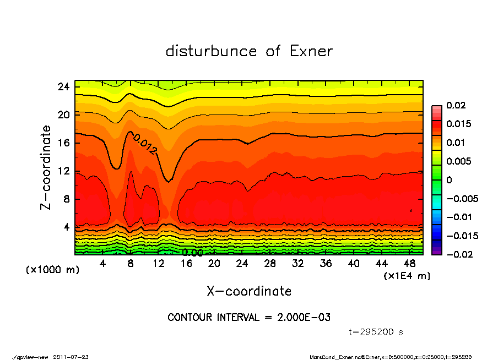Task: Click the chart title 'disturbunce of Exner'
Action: [249, 52]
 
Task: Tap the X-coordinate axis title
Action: [249, 291]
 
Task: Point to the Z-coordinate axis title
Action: [46, 167]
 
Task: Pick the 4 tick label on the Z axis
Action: [67, 227]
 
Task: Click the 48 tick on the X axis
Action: [410, 264]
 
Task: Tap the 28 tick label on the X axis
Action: [270, 264]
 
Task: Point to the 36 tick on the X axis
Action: [326, 264]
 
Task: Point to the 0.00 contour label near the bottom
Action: [192, 253]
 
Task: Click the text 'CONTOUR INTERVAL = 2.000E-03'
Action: [249, 318]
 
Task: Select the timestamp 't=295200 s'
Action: [376, 332]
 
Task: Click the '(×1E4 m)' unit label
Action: [407, 275]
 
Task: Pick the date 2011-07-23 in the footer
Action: [71, 357]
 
